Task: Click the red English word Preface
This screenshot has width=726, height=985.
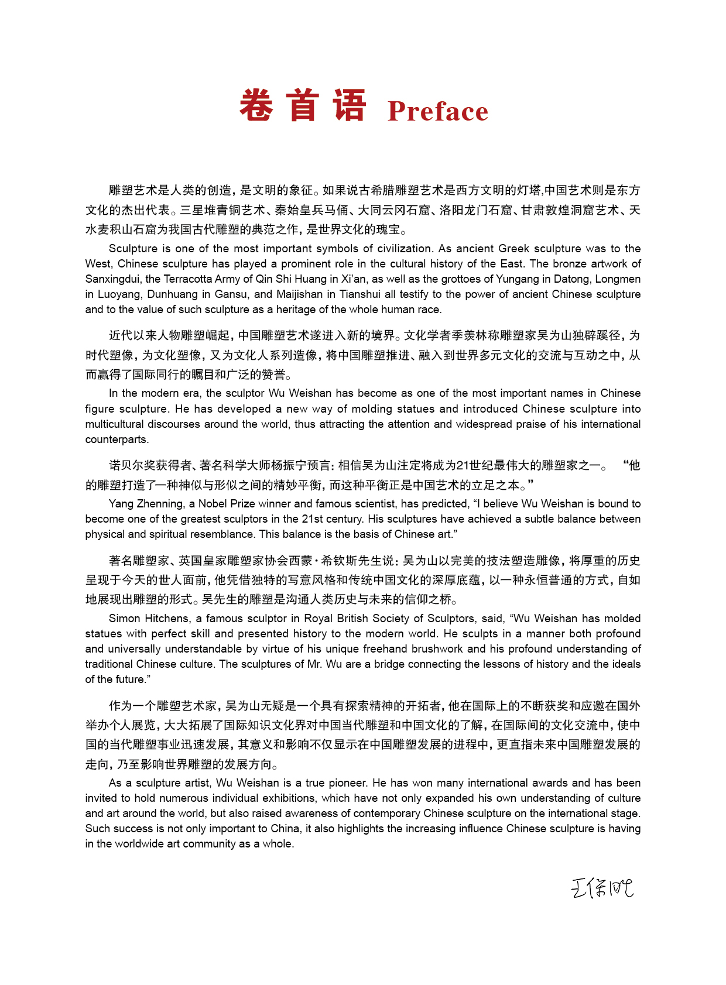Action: tap(438, 111)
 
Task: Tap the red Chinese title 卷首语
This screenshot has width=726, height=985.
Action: tap(303, 106)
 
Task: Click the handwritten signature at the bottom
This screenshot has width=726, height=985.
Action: tap(602, 888)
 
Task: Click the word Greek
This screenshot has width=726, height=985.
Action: tap(515, 248)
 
